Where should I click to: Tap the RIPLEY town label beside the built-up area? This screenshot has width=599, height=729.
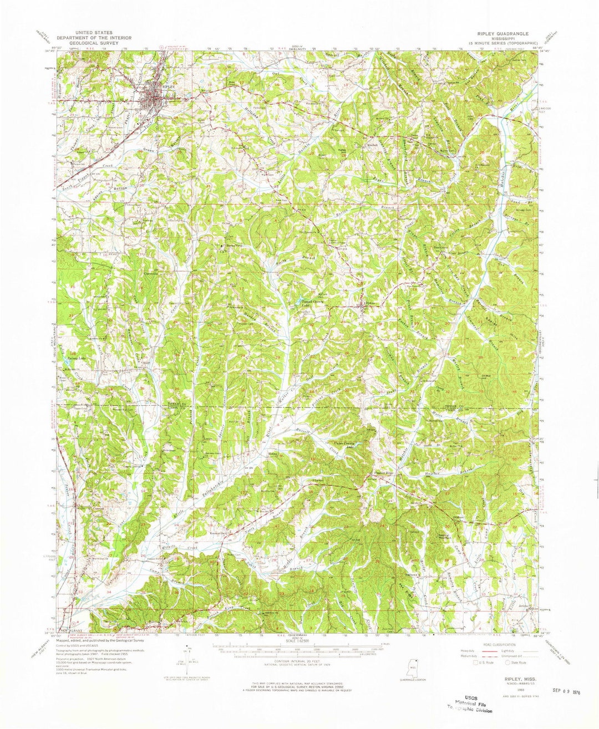click(x=168, y=88)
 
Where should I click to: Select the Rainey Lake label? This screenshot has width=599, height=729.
click(x=70, y=358)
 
